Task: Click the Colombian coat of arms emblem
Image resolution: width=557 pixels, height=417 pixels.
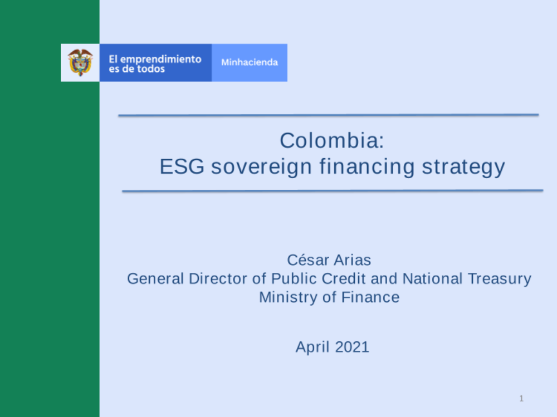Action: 80,62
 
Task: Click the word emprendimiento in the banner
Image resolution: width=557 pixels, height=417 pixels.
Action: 160,60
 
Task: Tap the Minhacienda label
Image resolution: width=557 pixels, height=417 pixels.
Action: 250,62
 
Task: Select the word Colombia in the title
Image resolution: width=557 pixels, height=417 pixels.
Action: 329,140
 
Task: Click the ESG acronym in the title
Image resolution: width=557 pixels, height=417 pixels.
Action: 182,166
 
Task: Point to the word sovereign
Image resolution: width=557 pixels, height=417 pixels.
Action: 261,166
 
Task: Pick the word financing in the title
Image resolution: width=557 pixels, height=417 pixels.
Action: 367,166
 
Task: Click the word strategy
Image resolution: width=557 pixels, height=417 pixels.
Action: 463,166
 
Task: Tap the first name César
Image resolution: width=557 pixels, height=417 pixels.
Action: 308,260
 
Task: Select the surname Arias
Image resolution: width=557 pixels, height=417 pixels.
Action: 353,261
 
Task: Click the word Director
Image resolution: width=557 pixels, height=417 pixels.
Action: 218,279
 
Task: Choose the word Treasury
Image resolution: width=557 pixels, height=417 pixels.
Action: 500,279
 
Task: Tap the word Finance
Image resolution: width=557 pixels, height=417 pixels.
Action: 370,297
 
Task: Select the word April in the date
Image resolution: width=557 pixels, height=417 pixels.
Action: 312,347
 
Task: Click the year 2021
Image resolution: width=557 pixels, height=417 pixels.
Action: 352,347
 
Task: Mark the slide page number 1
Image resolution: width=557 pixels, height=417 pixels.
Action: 521,399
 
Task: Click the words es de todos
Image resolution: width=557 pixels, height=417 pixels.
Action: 137,69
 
